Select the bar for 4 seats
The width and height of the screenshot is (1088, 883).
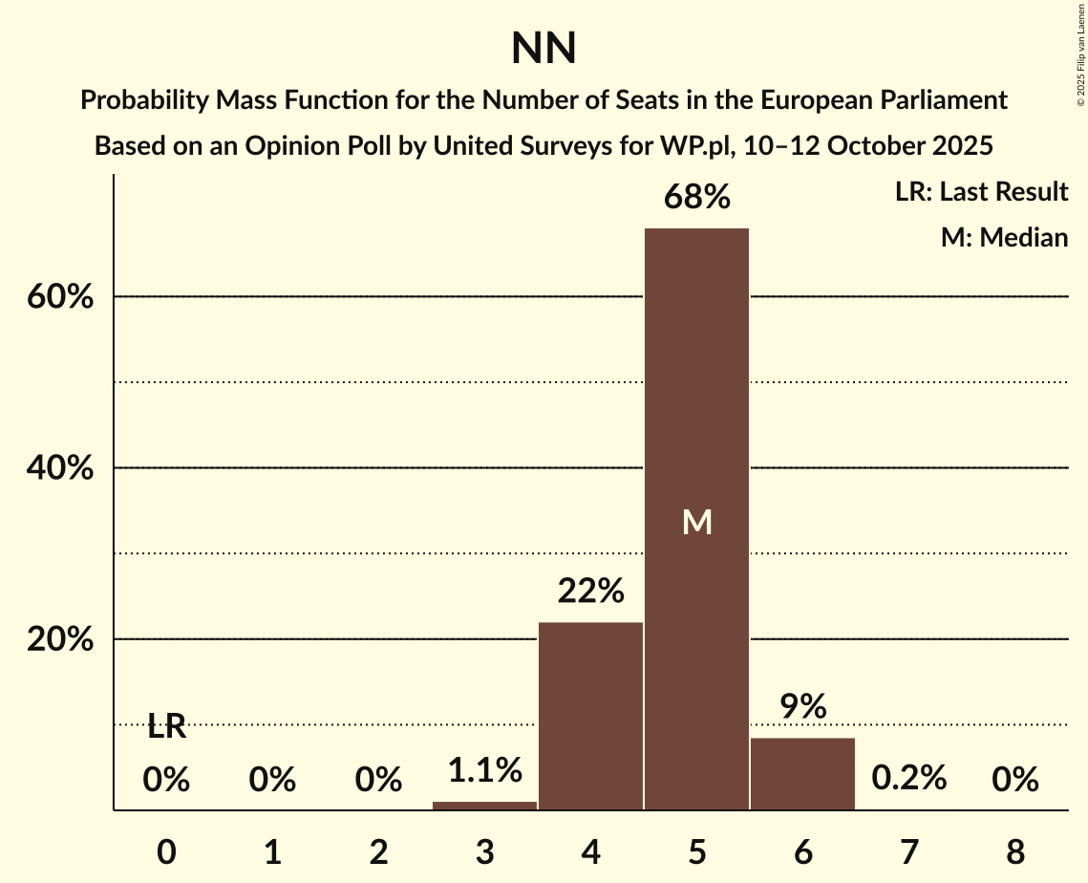[x=590, y=716]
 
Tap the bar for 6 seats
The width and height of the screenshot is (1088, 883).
[x=802, y=773]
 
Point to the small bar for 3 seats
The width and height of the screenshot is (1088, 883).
[x=484, y=806]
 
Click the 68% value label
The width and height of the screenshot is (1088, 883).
[x=697, y=198]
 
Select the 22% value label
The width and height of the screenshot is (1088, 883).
[x=590, y=592]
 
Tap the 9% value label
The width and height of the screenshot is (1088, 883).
[x=802, y=707]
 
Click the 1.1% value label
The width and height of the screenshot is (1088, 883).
[x=484, y=769]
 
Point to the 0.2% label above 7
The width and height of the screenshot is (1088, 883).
[x=908, y=779]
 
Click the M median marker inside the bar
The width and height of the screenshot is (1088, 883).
[x=697, y=522]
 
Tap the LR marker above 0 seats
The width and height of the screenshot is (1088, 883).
[x=166, y=728]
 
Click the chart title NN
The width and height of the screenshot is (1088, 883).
[x=544, y=49]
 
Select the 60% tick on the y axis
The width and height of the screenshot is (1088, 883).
[x=59, y=297]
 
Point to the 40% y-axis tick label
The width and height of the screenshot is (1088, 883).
[x=59, y=468]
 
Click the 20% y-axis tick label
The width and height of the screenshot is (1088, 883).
[x=59, y=639]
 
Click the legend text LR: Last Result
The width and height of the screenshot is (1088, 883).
[x=981, y=192]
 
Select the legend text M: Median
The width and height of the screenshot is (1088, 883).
[x=1003, y=237]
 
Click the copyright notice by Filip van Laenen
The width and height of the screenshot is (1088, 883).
[x=1080, y=57]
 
